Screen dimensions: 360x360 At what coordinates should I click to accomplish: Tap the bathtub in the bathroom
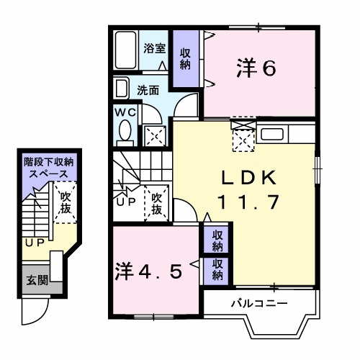[x=127, y=50]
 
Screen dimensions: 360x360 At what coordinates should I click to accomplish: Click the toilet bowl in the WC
[x=124, y=132]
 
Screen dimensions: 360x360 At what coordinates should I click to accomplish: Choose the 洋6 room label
[x=256, y=69]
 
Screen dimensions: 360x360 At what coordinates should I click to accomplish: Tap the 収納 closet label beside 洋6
[x=186, y=58]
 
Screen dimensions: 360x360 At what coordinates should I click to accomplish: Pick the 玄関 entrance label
[x=35, y=280]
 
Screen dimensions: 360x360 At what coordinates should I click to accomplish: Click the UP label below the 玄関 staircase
[x=34, y=243]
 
